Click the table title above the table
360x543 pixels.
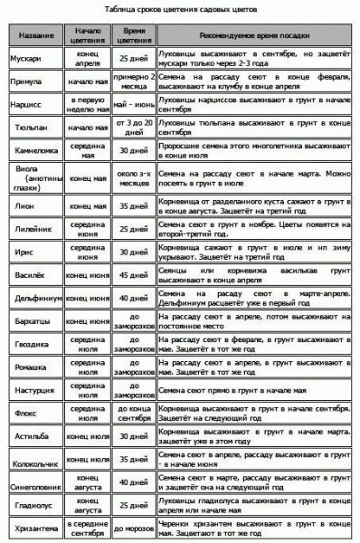coord(179,8)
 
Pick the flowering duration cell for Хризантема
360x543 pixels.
coord(132,530)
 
